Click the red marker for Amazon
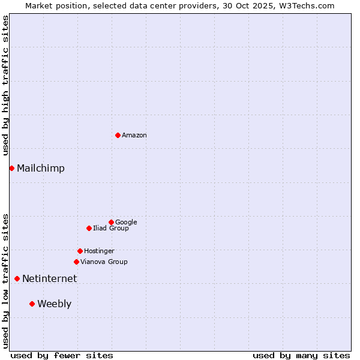(118, 135)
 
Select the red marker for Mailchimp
(11, 168)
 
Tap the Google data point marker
(111, 222)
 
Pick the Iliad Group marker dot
(89, 228)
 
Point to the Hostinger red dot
(80, 251)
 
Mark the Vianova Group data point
(76, 262)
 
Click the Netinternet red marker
(17, 278)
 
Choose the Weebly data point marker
(32, 304)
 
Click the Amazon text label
(134, 135)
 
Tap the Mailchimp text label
(41, 168)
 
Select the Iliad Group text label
(111, 229)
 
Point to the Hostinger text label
(99, 251)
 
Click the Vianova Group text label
(104, 262)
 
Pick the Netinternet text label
(50, 278)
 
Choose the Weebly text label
(54, 304)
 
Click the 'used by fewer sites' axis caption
(62, 355)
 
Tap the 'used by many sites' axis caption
(301, 355)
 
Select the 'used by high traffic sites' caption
(5, 85)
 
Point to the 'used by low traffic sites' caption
(5, 280)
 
